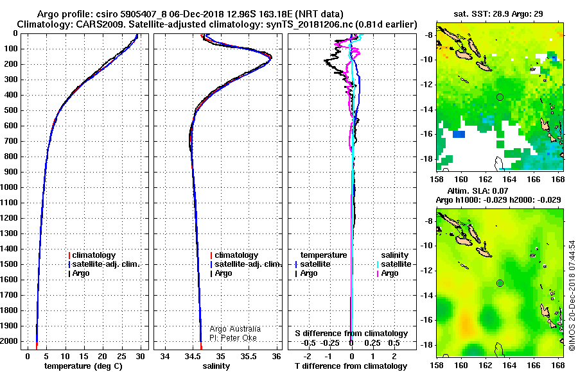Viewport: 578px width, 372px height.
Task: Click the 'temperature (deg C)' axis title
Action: tap(83, 366)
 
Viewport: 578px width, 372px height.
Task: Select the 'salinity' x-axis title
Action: tap(216, 366)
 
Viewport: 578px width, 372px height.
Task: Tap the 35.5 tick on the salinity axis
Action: tap(249, 356)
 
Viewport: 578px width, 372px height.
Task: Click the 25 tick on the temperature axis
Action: tap(121, 356)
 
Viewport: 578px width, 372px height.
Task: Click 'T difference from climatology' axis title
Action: tap(351, 366)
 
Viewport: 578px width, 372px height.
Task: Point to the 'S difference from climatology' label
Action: tap(351, 334)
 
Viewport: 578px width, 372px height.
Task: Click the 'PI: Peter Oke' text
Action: tap(233, 338)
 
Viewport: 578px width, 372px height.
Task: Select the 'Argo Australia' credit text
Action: tap(235, 329)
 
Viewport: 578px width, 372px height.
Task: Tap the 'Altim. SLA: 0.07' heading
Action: tap(478, 190)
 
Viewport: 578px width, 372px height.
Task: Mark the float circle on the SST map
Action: tap(500, 97)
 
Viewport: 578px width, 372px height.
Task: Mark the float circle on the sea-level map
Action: tap(500, 283)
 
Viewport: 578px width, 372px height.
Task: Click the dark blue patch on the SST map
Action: tap(459, 135)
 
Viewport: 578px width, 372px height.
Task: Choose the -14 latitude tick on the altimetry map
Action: tap(427, 296)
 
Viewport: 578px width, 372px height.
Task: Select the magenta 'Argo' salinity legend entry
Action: tap(388, 273)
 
